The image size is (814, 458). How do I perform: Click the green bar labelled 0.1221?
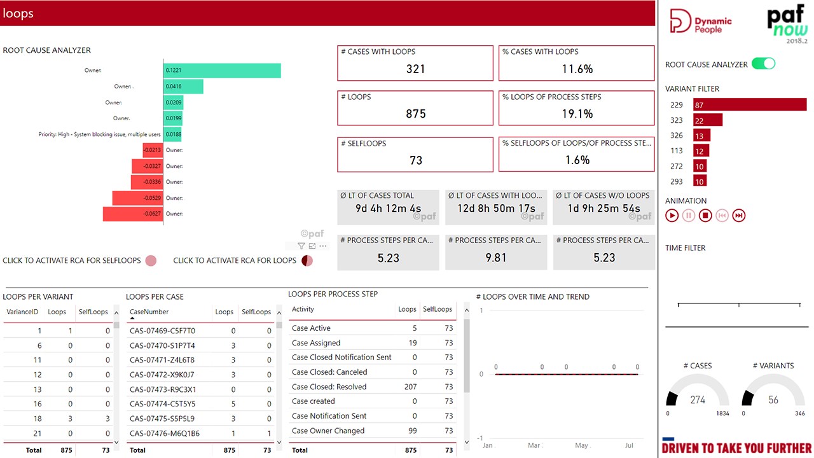[x=221, y=71]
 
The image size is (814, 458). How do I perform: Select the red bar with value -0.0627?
[x=133, y=214]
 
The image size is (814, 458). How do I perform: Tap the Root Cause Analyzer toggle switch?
[x=763, y=64]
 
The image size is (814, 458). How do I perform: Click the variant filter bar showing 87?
[x=749, y=105]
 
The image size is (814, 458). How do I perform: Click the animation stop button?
[x=705, y=216]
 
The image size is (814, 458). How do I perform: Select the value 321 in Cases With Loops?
[x=415, y=69]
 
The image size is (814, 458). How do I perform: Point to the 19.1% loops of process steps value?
[x=577, y=114]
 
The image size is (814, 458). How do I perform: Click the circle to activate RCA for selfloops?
[x=151, y=260]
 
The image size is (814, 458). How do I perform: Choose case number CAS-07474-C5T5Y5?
[x=162, y=404]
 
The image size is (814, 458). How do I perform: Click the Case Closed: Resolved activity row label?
[x=329, y=387]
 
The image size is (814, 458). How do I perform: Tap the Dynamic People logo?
[x=701, y=22]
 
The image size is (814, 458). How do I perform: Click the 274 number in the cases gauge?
[x=698, y=400]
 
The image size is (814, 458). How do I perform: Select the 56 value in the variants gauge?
[x=773, y=400]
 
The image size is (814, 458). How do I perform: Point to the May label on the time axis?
[x=581, y=445]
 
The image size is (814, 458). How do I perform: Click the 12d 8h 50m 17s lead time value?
[x=496, y=209]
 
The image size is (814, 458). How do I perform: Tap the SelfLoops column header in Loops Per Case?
[x=256, y=312]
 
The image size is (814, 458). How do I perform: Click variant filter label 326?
[x=677, y=135]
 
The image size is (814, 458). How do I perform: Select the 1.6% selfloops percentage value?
[x=577, y=160]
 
